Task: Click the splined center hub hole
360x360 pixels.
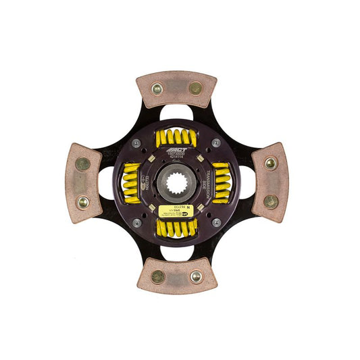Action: (x=176, y=182)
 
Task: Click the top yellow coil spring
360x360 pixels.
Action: (x=176, y=138)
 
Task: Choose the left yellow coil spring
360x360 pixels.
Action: (x=131, y=182)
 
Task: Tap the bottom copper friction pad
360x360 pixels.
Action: (x=177, y=276)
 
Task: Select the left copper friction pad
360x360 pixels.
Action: (x=83, y=183)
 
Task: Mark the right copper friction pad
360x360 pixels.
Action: (x=270, y=182)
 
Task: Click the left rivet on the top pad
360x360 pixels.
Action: (x=157, y=88)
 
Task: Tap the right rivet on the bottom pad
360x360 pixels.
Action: (x=196, y=276)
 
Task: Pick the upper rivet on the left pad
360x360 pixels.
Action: (x=82, y=163)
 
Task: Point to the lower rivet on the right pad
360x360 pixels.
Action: (x=270, y=201)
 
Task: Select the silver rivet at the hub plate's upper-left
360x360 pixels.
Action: (x=137, y=143)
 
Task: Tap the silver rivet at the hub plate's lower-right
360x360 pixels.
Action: (x=216, y=222)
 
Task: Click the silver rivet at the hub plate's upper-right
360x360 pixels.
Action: (x=216, y=143)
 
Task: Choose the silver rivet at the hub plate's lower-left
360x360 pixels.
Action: (x=137, y=222)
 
